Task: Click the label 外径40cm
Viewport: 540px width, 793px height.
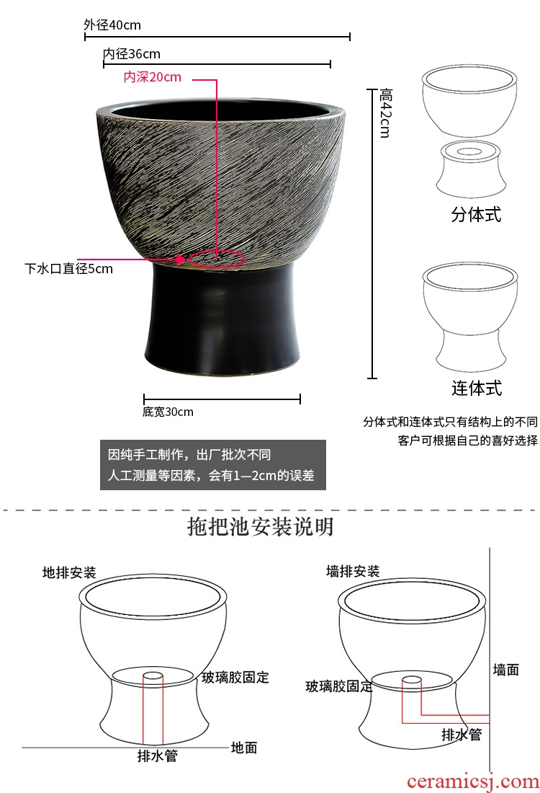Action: pos(112,25)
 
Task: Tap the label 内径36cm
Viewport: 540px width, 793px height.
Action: pos(131,53)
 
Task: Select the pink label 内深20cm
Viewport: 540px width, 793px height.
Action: pos(152,77)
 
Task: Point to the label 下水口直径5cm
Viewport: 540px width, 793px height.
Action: pos(68,269)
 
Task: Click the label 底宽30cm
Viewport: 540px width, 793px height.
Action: pos(168,412)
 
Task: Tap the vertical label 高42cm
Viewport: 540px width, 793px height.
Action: pos(385,112)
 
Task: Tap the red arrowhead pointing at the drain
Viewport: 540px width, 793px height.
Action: pos(181,260)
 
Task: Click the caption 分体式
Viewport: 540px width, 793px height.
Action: pos(476,214)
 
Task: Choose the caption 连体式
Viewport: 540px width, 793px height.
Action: pos(477,389)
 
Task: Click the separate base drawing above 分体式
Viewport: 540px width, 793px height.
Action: pos(470,169)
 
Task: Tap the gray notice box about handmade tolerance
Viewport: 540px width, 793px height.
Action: pos(212,465)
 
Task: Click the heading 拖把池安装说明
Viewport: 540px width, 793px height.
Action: pos(261,526)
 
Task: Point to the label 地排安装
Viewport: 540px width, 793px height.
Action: pos(69,572)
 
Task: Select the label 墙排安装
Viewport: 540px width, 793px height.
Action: pos(353,572)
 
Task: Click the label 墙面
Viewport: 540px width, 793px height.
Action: pos(506,670)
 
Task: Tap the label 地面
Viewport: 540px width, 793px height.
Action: pos(244,748)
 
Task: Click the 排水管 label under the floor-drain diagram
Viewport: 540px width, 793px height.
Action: pos(158,756)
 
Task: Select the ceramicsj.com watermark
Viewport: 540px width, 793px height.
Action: pos(473,781)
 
